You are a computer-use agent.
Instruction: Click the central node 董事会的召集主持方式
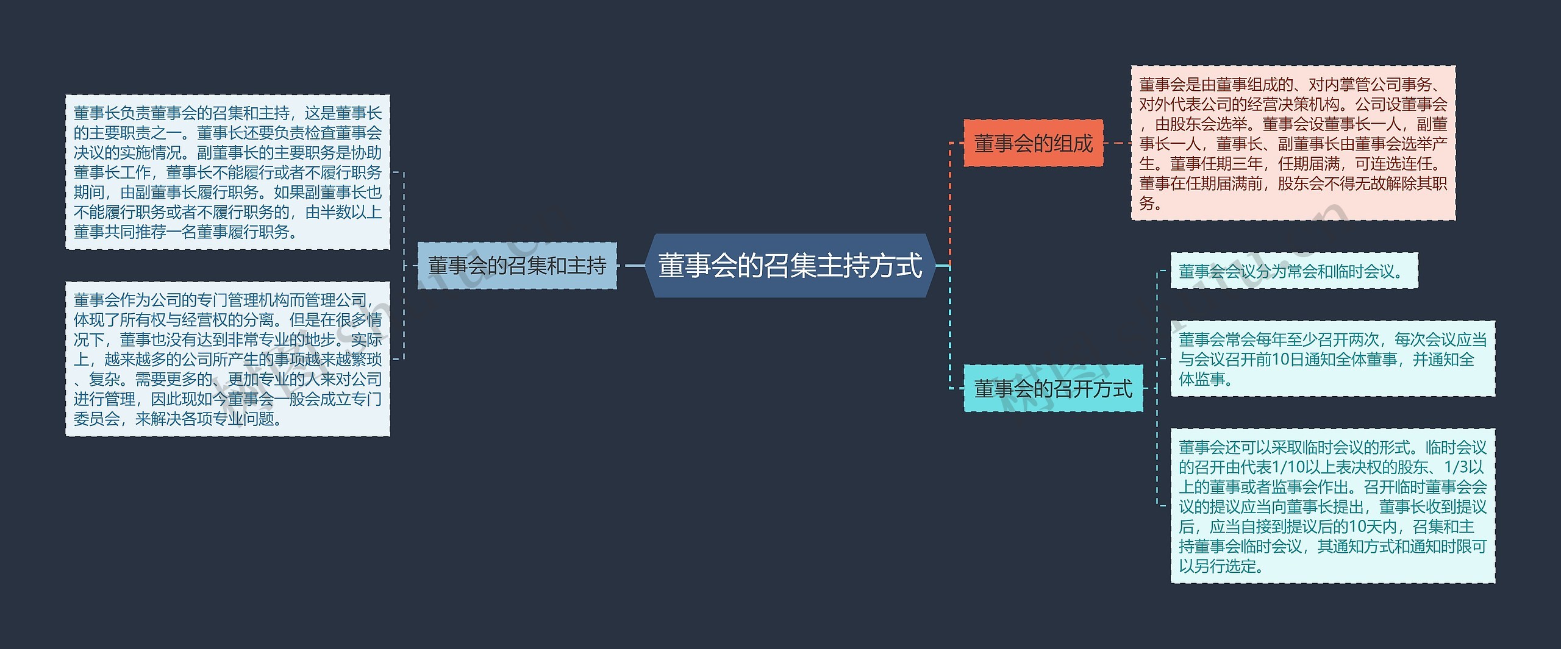point(790,266)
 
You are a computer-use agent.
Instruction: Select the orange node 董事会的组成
point(1033,144)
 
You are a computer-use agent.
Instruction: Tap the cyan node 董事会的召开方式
point(1053,388)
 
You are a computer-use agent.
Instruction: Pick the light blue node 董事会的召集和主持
point(517,266)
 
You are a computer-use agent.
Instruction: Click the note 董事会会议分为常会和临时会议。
point(1293,271)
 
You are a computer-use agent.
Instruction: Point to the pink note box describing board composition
point(1293,143)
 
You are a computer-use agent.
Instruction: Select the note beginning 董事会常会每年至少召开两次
point(1332,359)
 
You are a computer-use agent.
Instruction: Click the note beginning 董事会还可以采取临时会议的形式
point(1332,506)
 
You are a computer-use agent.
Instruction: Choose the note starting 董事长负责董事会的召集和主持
point(227,172)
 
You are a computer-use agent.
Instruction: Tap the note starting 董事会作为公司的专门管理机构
point(227,359)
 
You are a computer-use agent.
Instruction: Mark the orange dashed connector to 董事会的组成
point(950,201)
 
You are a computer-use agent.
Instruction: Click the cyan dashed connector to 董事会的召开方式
point(950,329)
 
